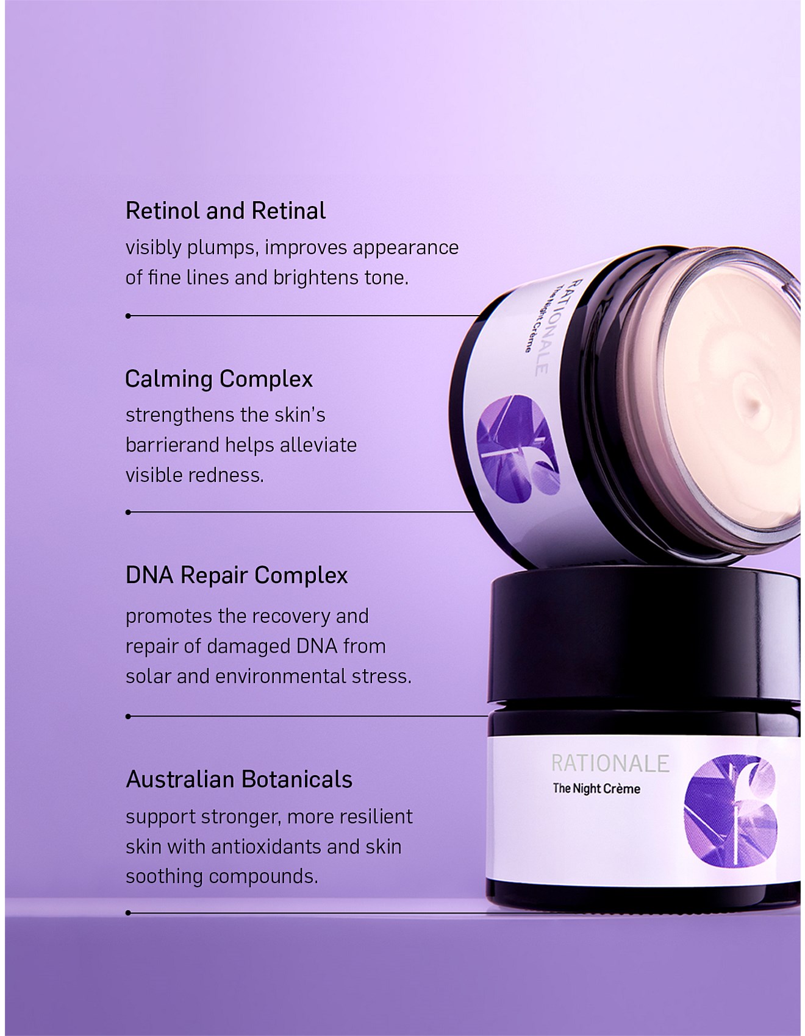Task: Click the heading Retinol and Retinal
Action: coord(226,211)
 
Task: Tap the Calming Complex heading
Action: coord(219,380)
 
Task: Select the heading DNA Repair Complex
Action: coord(237,576)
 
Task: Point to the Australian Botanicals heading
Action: coord(239,779)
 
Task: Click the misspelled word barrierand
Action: coord(173,445)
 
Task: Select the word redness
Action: coord(229,475)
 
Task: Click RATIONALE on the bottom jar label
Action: coord(610,764)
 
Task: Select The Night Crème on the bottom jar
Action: coord(596,789)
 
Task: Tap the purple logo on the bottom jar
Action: coord(731,810)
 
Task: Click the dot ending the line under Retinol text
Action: coord(128,316)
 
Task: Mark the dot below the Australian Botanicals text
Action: coord(128,913)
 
